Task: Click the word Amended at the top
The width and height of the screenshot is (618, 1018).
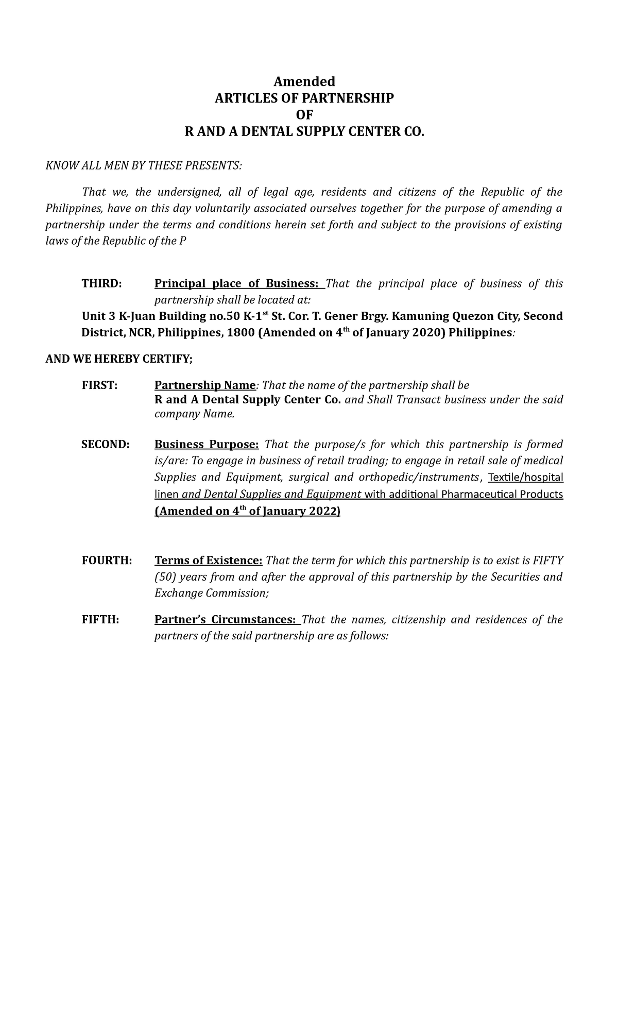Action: pyautogui.click(x=304, y=81)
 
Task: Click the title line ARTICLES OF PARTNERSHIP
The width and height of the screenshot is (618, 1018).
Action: pyautogui.click(x=304, y=98)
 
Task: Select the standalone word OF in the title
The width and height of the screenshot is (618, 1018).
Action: pyautogui.click(x=304, y=115)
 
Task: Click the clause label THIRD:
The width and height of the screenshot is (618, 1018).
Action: pyautogui.click(x=102, y=284)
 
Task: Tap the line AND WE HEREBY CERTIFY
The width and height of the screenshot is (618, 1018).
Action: pyautogui.click(x=119, y=359)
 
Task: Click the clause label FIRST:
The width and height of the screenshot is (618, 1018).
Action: pyautogui.click(x=99, y=385)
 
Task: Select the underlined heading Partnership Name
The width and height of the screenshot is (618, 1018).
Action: pyautogui.click(x=205, y=385)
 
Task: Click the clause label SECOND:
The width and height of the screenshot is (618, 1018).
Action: pyautogui.click(x=106, y=445)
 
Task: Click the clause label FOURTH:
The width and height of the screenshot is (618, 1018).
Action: pyautogui.click(x=107, y=561)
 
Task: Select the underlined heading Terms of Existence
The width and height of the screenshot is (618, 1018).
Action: pyautogui.click(x=209, y=561)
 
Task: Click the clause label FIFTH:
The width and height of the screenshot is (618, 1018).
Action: pyautogui.click(x=100, y=620)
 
